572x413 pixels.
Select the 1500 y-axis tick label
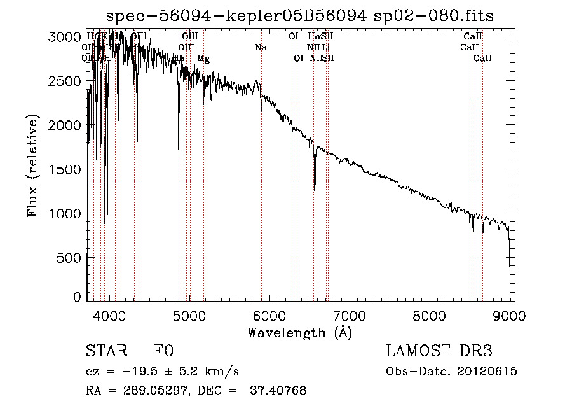[64, 169]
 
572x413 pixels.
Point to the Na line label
[261, 47]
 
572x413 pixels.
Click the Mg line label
[203, 59]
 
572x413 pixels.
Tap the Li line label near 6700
[325, 47]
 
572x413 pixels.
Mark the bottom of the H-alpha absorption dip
[315, 189]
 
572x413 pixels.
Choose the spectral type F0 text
[163, 351]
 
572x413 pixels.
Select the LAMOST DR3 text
[439, 351]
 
